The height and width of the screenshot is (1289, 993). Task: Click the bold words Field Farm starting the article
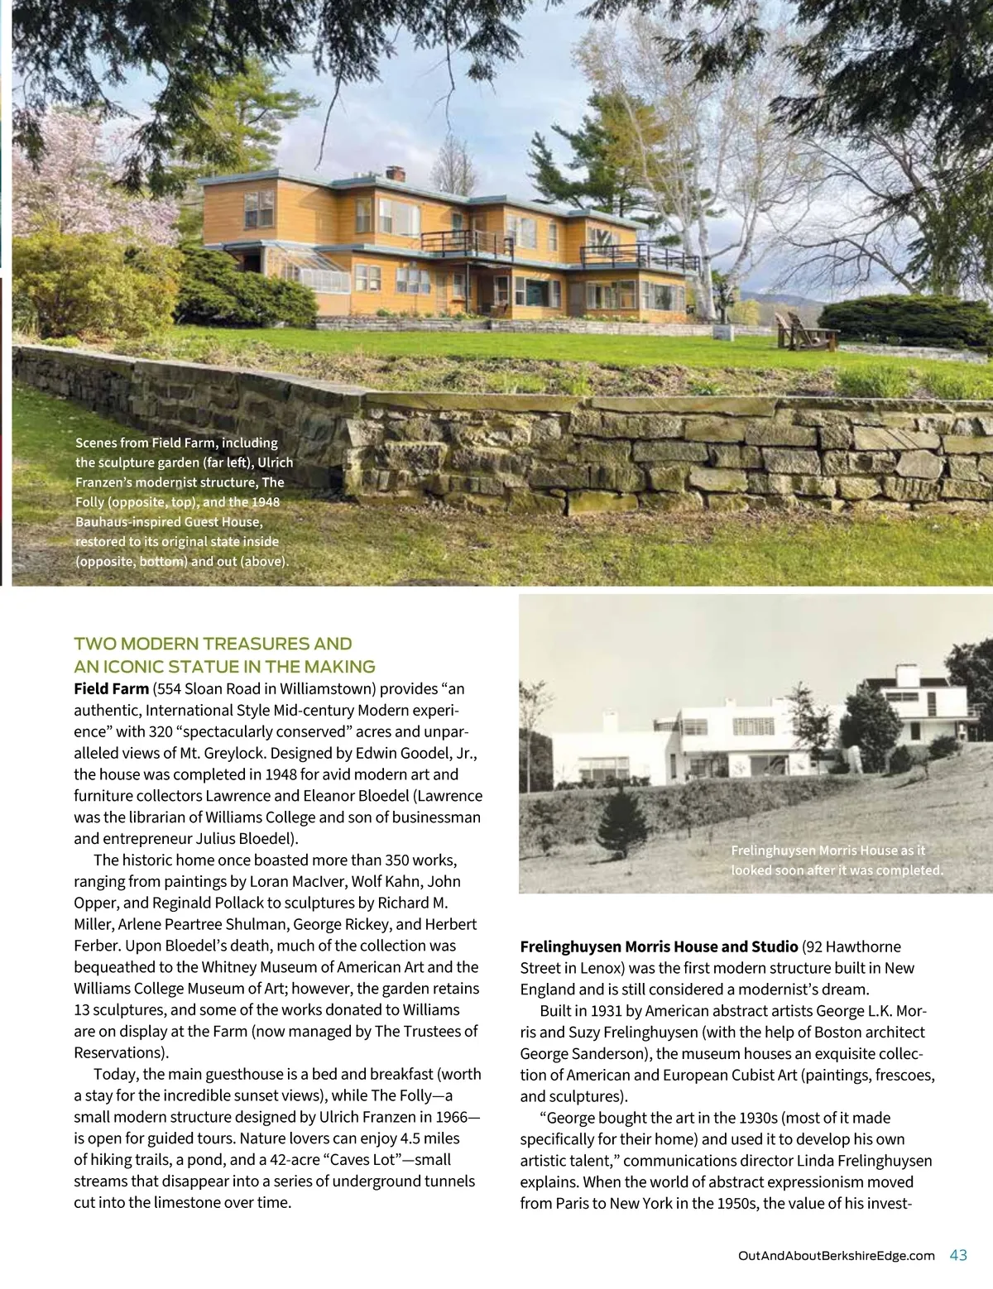[111, 688]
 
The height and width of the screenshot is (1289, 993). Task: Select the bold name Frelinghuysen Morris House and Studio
[659, 946]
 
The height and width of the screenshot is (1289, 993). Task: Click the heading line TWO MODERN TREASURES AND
[213, 644]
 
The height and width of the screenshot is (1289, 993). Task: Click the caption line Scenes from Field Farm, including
[176, 443]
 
